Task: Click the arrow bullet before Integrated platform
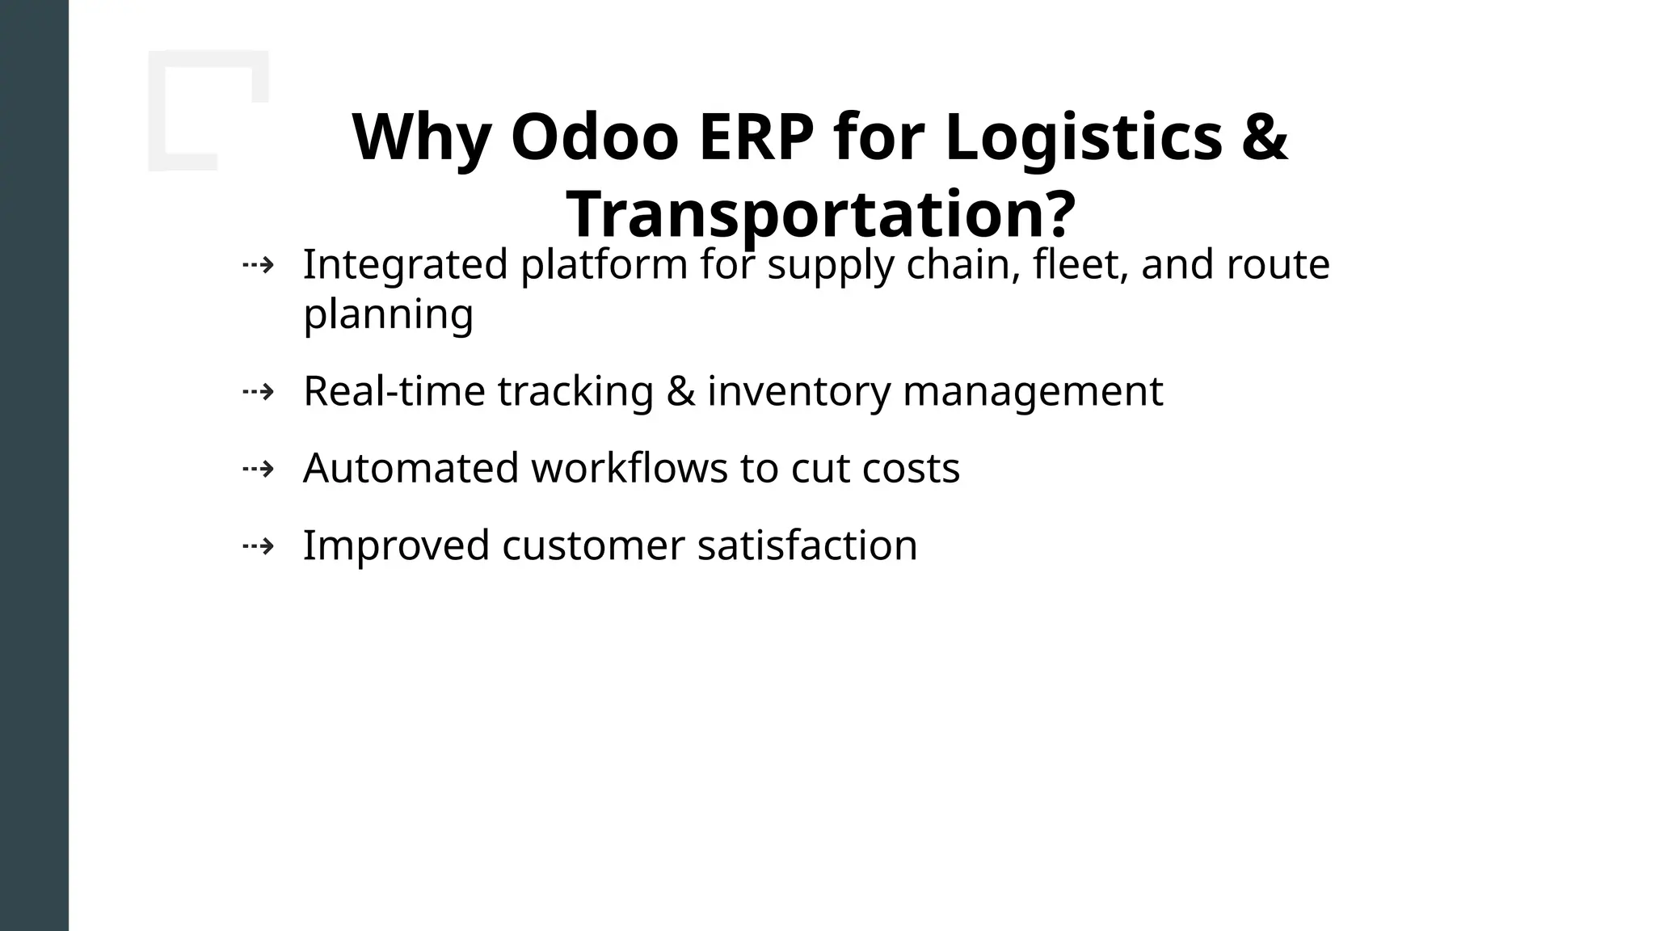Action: [x=259, y=264]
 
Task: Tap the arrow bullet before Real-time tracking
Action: [x=259, y=392]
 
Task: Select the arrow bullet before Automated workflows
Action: [x=259, y=469]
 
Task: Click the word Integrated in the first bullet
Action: [x=405, y=264]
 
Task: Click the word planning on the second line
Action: [x=388, y=314]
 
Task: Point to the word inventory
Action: [x=798, y=391]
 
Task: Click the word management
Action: [x=1032, y=391]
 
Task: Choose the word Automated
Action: [x=411, y=468]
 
